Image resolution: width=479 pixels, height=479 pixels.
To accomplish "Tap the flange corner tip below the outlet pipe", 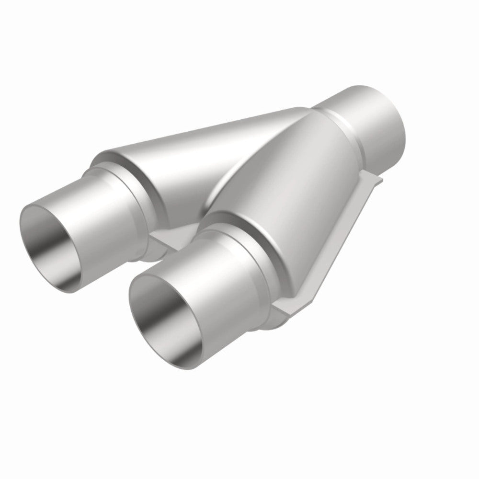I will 378,180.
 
